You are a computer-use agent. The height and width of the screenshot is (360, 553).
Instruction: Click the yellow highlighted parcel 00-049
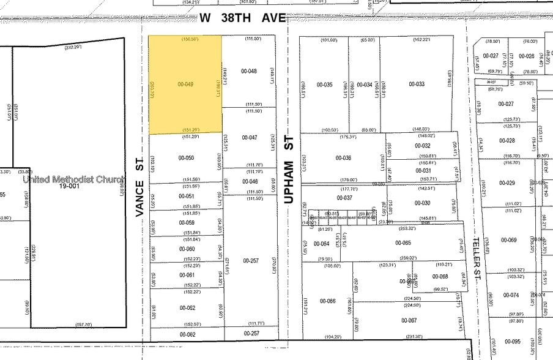coord(185,84)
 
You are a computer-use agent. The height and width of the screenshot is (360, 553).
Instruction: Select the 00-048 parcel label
coord(249,71)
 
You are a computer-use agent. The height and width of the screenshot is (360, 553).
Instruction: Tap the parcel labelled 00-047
coord(249,138)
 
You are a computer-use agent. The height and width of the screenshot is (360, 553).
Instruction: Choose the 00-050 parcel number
coord(186,158)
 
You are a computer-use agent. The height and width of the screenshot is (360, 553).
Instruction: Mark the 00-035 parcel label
coord(324,84)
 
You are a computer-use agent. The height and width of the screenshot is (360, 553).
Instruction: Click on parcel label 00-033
coord(417,84)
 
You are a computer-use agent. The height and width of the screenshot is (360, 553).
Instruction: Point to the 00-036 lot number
coord(343,158)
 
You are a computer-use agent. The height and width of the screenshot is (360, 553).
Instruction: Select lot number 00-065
coord(403,243)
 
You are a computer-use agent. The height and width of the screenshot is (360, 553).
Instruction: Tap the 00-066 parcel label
coord(328,301)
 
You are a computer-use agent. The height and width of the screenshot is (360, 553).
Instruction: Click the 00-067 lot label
coord(409,320)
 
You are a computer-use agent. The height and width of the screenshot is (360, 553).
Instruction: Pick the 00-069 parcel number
coord(509,239)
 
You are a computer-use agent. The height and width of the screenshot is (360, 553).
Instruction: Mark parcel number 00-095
coord(513,342)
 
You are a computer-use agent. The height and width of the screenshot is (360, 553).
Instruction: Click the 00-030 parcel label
coord(423,203)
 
